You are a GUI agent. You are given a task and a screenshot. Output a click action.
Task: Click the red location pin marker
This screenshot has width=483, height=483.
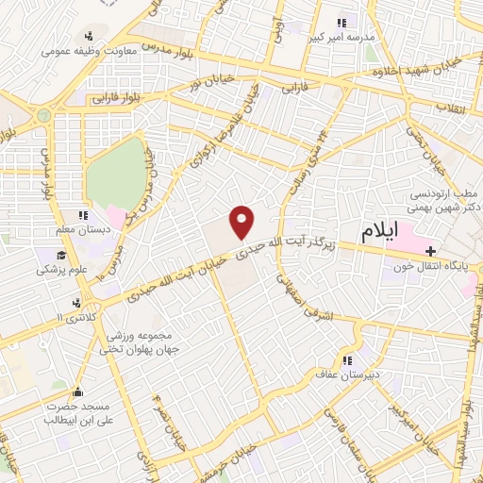pos(243,221)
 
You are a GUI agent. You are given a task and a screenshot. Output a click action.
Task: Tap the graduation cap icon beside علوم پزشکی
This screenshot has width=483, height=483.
pos(59,255)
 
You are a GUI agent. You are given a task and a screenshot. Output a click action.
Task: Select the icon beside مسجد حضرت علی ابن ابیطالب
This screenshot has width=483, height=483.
pos(77,392)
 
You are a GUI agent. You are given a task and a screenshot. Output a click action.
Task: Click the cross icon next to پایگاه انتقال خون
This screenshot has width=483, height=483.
pos(430,251)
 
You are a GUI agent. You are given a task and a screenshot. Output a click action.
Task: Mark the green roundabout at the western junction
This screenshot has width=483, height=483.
pos(42,117)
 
